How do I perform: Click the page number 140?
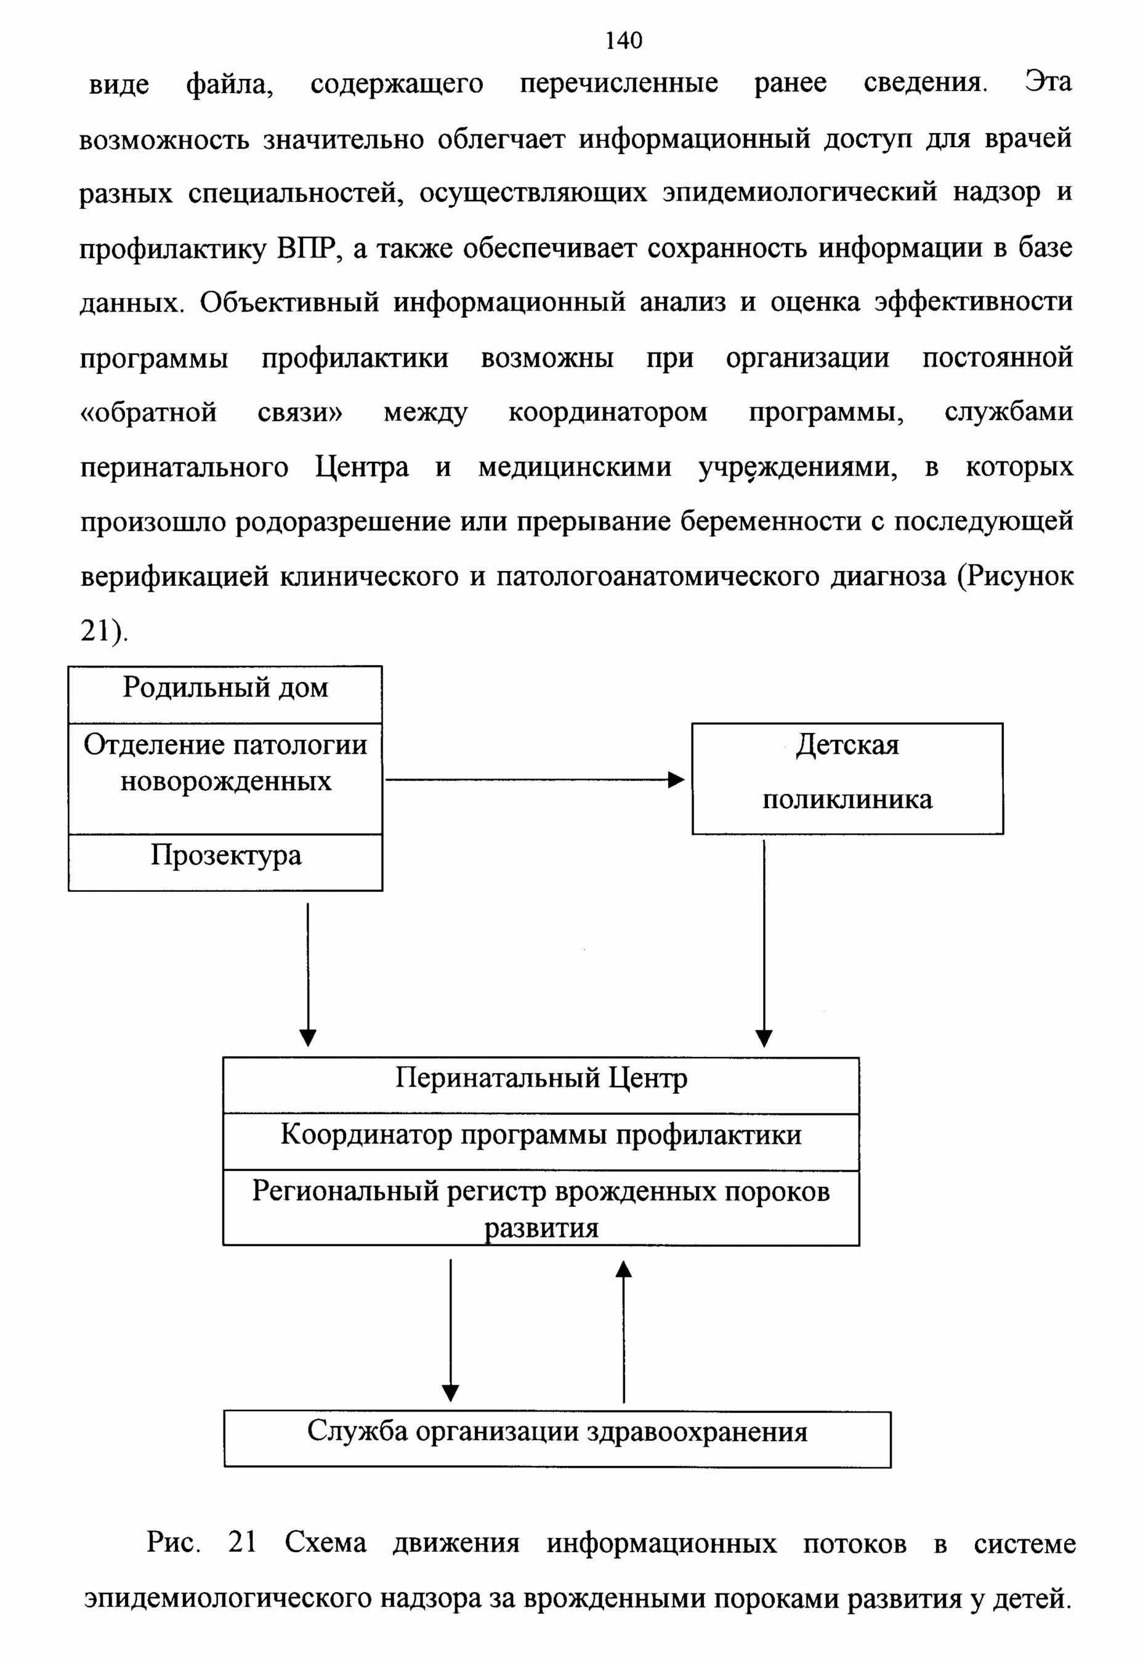coord(624,41)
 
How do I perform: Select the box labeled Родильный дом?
coord(225,695)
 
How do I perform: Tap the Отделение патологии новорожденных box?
coord(225,779)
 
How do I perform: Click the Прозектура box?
coord(225,862)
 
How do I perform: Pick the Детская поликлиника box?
coord(847,779)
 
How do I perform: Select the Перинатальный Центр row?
coord(541,1086)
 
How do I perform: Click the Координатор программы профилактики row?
coord(541,1143)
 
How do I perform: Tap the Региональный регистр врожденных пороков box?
coord(541,1208)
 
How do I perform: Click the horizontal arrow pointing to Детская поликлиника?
coord(535,780)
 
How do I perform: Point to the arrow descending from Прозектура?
coord(308,975)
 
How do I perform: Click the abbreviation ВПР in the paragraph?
coord(307,248)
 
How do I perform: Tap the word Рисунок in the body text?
coord(1016,576)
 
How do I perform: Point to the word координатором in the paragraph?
coord(607,413)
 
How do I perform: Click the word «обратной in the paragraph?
coord(148,413)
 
